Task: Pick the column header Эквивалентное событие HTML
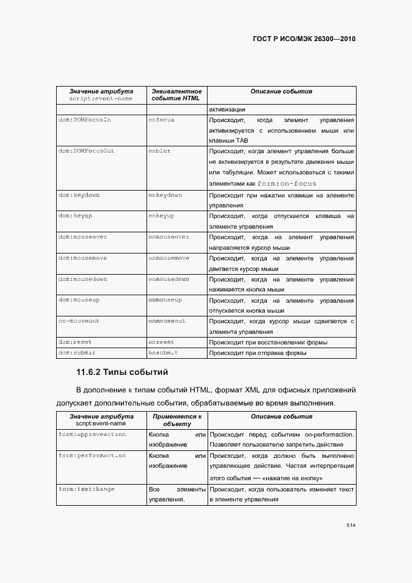176,95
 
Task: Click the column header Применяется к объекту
176,420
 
